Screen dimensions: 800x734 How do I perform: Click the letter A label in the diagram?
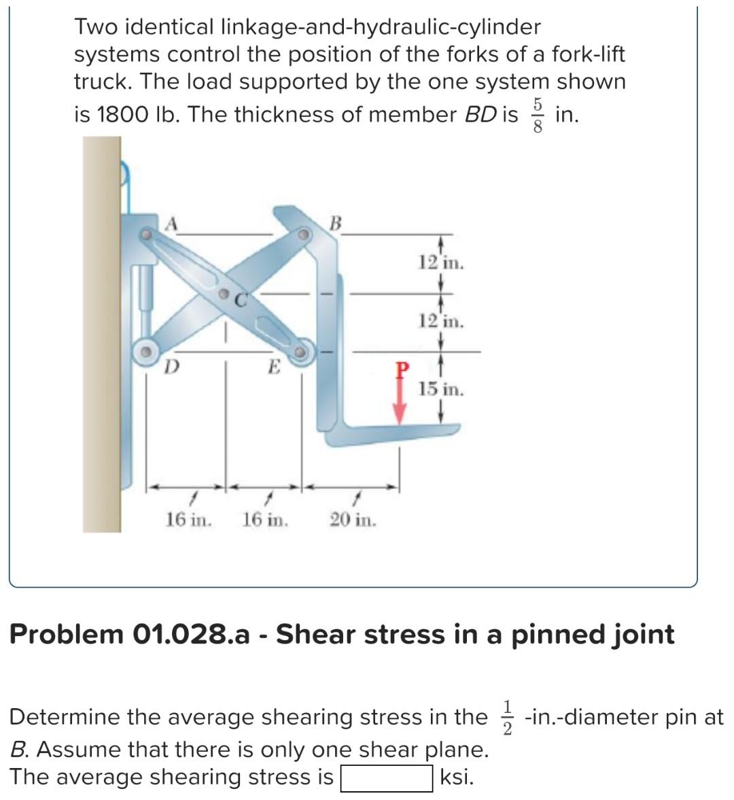173,222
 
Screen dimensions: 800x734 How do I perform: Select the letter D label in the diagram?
173,367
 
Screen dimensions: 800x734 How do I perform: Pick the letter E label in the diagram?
273,367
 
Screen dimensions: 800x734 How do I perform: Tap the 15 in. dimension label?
441,390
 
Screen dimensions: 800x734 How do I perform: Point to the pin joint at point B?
304,235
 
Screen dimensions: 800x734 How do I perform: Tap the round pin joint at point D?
145,352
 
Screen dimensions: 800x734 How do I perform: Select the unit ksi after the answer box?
457,777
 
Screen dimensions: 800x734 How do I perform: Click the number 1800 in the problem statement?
118,115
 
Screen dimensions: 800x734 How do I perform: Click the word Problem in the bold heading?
67,634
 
